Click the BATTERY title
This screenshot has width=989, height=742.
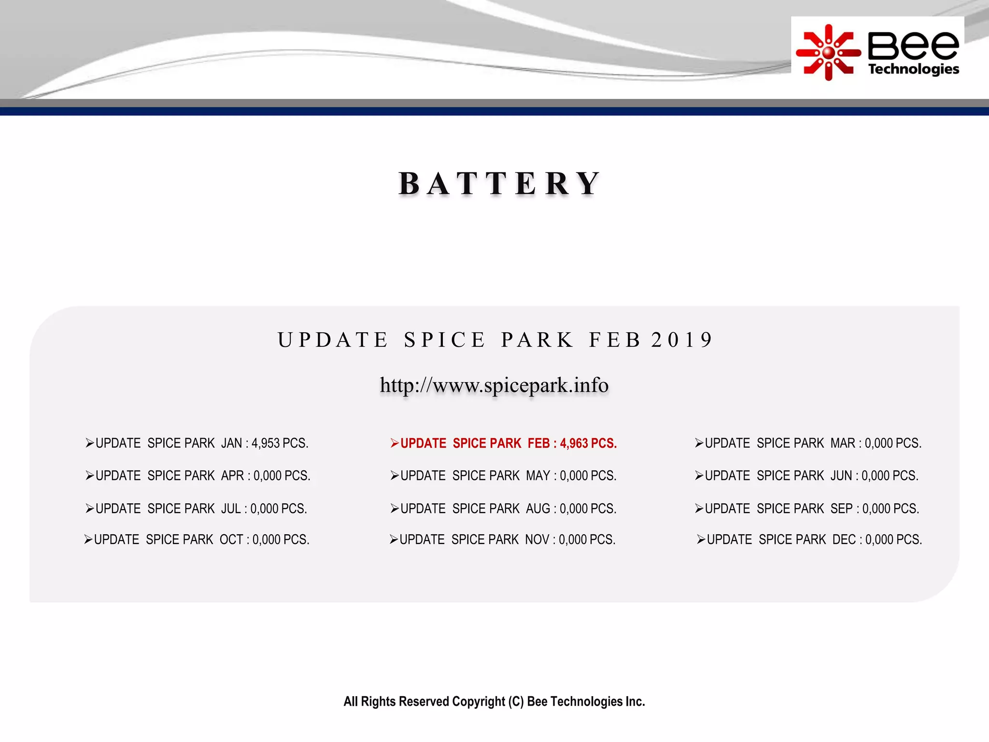499,184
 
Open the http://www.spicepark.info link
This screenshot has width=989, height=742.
494,385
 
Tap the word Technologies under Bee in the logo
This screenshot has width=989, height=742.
913,69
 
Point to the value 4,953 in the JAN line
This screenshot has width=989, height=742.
265,443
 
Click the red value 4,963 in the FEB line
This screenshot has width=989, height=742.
574,443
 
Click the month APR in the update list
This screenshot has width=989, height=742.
232,476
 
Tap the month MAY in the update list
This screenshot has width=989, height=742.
538,476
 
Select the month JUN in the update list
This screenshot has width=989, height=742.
841,476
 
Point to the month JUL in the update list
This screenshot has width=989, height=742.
231,509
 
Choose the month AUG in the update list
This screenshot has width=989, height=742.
538,509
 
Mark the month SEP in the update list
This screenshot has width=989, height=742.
842,509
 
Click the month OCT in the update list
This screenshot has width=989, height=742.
231,540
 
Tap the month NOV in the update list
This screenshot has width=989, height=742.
537,540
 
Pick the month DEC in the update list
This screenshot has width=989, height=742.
844,540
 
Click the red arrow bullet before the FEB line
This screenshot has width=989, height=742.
395,443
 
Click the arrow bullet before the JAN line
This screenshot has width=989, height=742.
89,443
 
